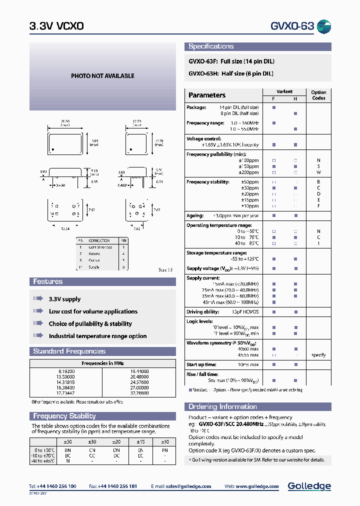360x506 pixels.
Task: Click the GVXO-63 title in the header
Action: pyautogui.click(x=292, y=26)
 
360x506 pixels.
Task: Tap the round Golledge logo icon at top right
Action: pyautogui.click(x=324, y=26)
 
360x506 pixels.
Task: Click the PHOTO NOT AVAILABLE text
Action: pyautogui.click(x=102, y=76)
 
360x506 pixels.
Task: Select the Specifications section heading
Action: pyautogui.click(x=211, y=46)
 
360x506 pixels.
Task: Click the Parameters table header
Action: pyautogui.click(x=207, y=95)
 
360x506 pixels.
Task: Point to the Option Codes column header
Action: pyautogui.click(x=318, y=95)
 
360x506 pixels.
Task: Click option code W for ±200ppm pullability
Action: pyautogui.click(x=318, y=172)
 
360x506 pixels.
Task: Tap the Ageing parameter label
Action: pyautogui.click(x=195, y=215)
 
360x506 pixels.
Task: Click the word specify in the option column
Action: pyautogui.click(x=318, y=355)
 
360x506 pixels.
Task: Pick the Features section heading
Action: pyautogui.click(x=48, y=281)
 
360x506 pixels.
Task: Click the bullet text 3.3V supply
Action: pyautogui.click(x=64, y=299)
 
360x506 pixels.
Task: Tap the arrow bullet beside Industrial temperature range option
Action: pyautogui.click(x=38, y=336)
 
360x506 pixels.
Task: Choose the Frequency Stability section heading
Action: pyautogui.click(x=64, y=416)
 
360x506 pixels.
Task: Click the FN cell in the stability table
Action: pyautogui.click(x=165, y=450)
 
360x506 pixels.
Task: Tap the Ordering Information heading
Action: pyautogui.click(x=222, y=406)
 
